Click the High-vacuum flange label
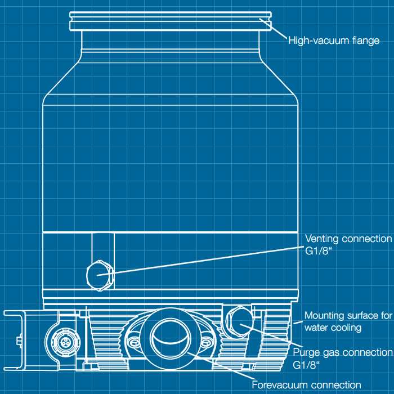tap(334, 41)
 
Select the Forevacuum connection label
tap(306, 385)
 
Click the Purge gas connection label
tap(343, 353)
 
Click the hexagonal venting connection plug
tap(99, 274)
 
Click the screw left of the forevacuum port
tap(133, 341)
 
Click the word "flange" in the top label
tap(366, 41)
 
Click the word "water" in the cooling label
tap(317, 327)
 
